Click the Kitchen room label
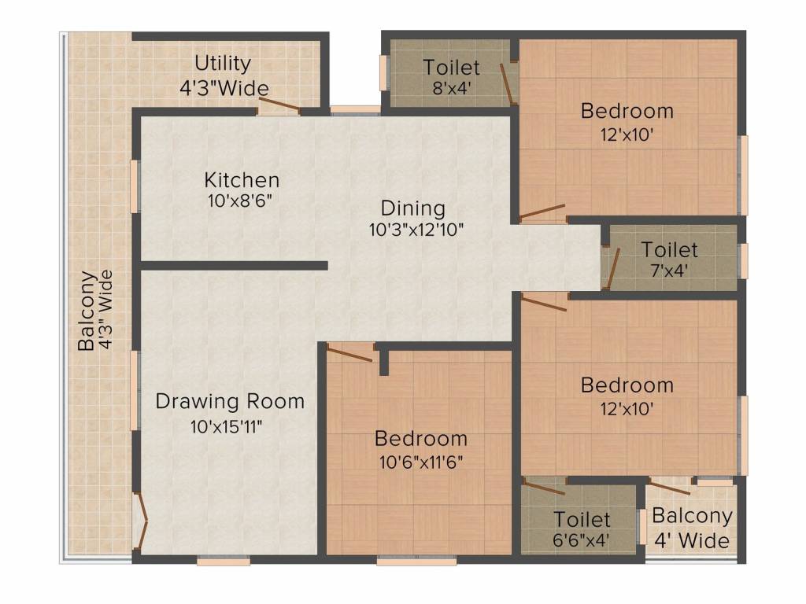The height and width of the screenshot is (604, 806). click(x=242, y=179)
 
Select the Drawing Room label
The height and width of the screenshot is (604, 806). click(x=230, y=401)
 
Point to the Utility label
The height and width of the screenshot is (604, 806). click(x=223, y=63)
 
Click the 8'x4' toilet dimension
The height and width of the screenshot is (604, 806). click(x=452, y=87)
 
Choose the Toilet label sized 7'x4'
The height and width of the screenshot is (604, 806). click(x=669, y=250)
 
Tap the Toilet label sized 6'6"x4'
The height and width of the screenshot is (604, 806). click(x=582, y=519)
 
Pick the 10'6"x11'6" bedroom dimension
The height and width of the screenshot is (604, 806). click(x=420, y=460)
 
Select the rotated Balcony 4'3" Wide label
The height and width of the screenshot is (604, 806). click(x=95, y=311)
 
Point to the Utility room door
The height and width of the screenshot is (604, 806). click(x=280, y=105)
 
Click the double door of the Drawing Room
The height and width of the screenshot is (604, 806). click(x=142, y=519)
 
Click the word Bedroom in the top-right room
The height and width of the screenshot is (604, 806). click(x=627, y=111)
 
